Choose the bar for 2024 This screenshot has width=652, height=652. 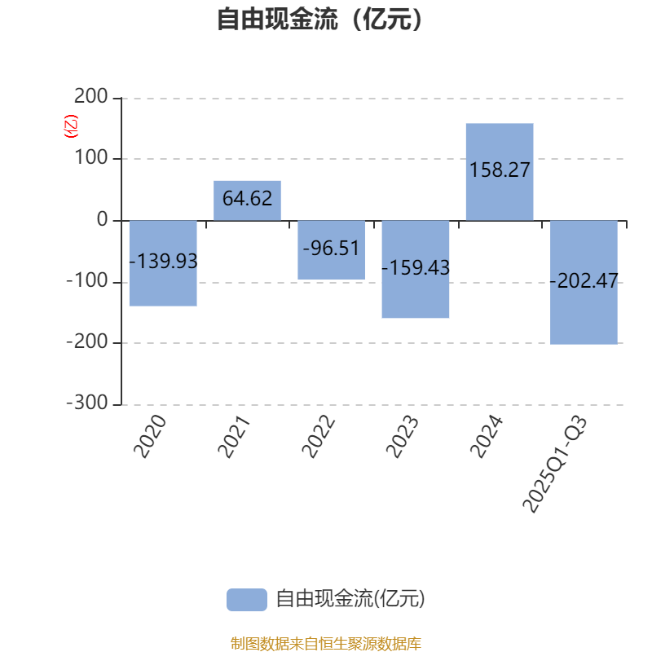click(500, 147)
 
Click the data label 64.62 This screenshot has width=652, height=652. click(247, 199)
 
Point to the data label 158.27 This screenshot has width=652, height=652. click(500, 170)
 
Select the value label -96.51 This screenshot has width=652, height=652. click(331, 248)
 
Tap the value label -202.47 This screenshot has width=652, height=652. click(584, 282)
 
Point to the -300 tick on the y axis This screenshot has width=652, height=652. click(86, 404)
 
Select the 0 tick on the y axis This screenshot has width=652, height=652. click(102, 220)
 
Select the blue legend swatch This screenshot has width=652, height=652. click(246, 599)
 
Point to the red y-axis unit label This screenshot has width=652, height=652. click(72, 126)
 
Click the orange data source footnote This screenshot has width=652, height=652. click(325, 644)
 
